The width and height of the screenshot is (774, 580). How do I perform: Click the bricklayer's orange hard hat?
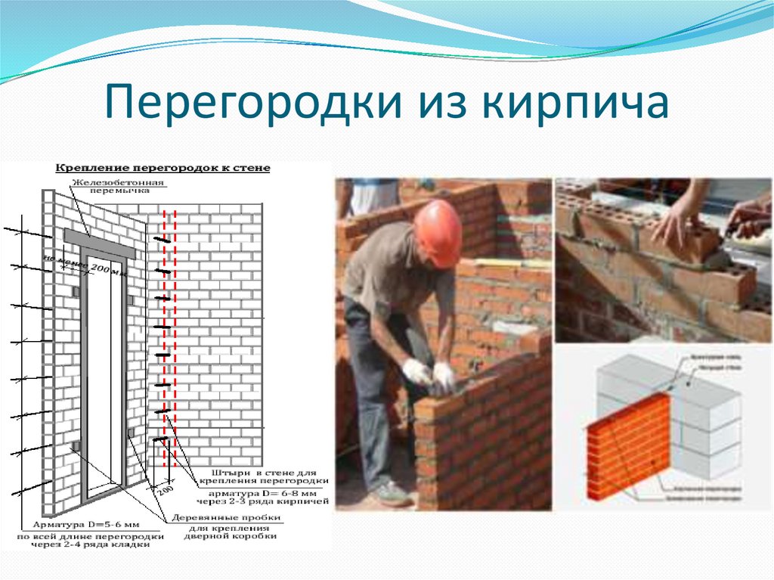pos(438,230)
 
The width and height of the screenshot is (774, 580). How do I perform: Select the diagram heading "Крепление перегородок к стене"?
pos(163,168)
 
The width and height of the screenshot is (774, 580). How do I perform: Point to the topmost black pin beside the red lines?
pos(161,240)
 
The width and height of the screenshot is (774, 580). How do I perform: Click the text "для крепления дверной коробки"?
pos(231,532)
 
